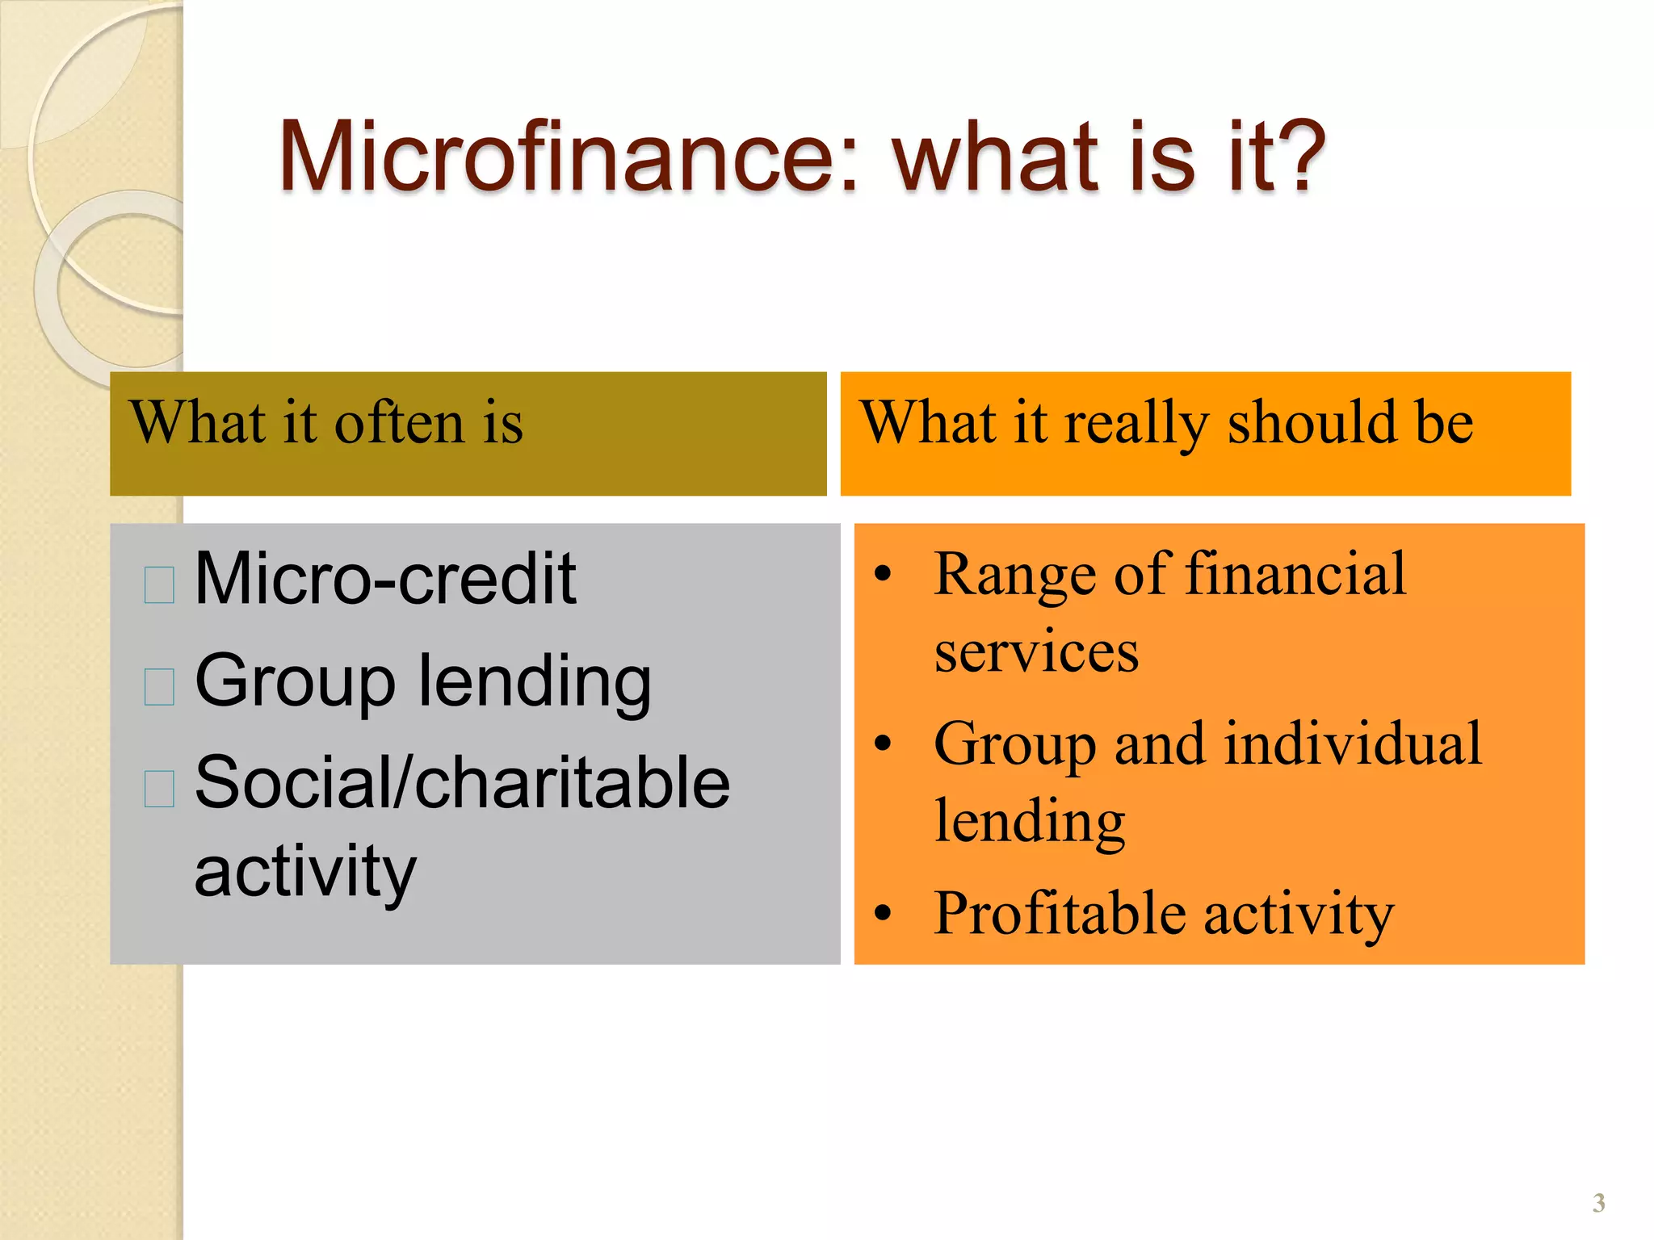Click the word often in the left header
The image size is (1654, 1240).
399,423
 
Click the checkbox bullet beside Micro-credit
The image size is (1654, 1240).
159,584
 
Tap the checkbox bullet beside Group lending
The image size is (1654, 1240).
159,686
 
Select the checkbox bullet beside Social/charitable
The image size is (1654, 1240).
159,788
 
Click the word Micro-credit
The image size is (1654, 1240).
385,578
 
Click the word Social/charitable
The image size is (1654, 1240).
462,782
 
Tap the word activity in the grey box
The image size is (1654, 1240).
305,872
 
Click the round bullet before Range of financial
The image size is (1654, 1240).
883,575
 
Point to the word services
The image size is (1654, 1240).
1035,651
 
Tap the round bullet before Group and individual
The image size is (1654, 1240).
883,744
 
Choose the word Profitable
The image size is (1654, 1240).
1060,913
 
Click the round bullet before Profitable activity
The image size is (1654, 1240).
883,913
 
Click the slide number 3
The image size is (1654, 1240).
1598,1203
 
